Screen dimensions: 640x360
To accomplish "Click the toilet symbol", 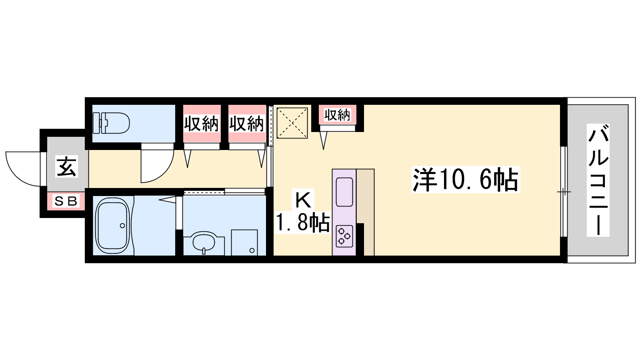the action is [111, 123].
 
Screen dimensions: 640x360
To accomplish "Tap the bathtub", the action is [112, 226].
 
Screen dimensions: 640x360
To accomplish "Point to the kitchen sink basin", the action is [344, 192].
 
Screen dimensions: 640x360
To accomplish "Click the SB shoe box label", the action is [66, 202].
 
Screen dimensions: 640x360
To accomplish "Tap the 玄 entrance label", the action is [67, 166].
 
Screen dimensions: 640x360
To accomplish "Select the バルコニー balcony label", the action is [598, 180].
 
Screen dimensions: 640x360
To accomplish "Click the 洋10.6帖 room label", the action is [466, 180].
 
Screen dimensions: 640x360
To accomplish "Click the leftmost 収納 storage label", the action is [201, 124].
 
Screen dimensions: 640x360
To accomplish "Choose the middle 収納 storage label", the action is [246, 124].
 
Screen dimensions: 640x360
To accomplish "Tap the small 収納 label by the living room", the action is [337, 115].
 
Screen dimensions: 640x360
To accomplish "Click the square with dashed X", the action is [292, 123].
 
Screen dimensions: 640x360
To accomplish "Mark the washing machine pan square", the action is [244, 242].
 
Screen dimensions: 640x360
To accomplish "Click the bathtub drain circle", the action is [122, 226].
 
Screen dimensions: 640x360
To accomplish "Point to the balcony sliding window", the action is [564, 192].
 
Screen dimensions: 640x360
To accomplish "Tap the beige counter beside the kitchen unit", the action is [365, 212].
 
